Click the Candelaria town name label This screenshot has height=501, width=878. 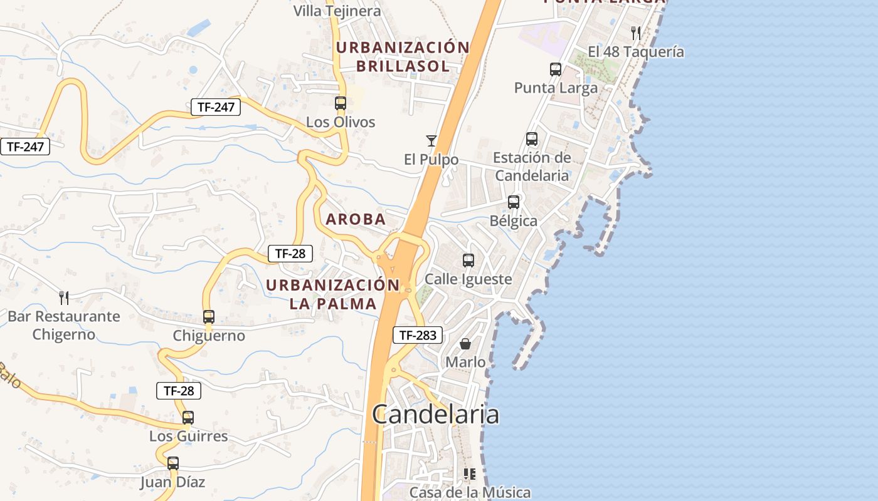tap(436, 415)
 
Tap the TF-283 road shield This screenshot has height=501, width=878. tap(418, 335)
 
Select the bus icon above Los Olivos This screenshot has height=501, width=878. tap(341, 103)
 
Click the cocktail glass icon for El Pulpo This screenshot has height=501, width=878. tap(431, 141)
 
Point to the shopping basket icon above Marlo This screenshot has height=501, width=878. tap(465, 344)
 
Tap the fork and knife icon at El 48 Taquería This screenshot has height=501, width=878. tap(636, 33)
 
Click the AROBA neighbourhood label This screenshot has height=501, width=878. tap(356, 219)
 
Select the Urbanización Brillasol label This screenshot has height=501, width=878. tap(403, 57)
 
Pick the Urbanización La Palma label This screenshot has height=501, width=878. tap(332, 294)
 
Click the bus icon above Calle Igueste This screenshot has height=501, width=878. tap(468, 261)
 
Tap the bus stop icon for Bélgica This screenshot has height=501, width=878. tap(514, 202)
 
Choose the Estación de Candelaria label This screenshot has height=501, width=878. tap(532, 167)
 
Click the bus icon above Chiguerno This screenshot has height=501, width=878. tap(209, 317)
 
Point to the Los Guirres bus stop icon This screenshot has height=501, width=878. tap(188, 418)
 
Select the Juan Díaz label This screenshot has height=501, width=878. tap(172, 482)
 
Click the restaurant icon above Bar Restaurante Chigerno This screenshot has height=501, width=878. tap(63, 297)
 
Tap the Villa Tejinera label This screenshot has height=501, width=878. tap(337, 11)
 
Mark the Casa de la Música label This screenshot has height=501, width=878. tap(470, 493)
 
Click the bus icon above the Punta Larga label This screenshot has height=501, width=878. tap(556, 70)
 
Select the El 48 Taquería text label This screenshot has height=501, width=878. tap(636, 52)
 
